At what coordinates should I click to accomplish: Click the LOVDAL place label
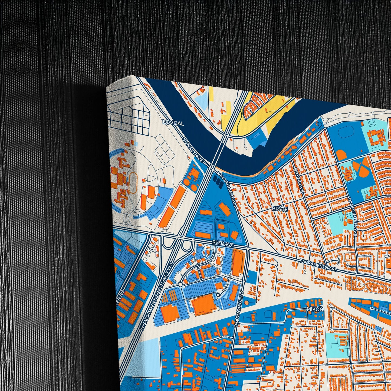click(x=173, y=123)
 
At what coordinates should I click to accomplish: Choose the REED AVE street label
click(x=223, y=244)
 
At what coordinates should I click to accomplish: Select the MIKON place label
click(x=315, y=309)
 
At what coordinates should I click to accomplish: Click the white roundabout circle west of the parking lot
click(x=180, y=284)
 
